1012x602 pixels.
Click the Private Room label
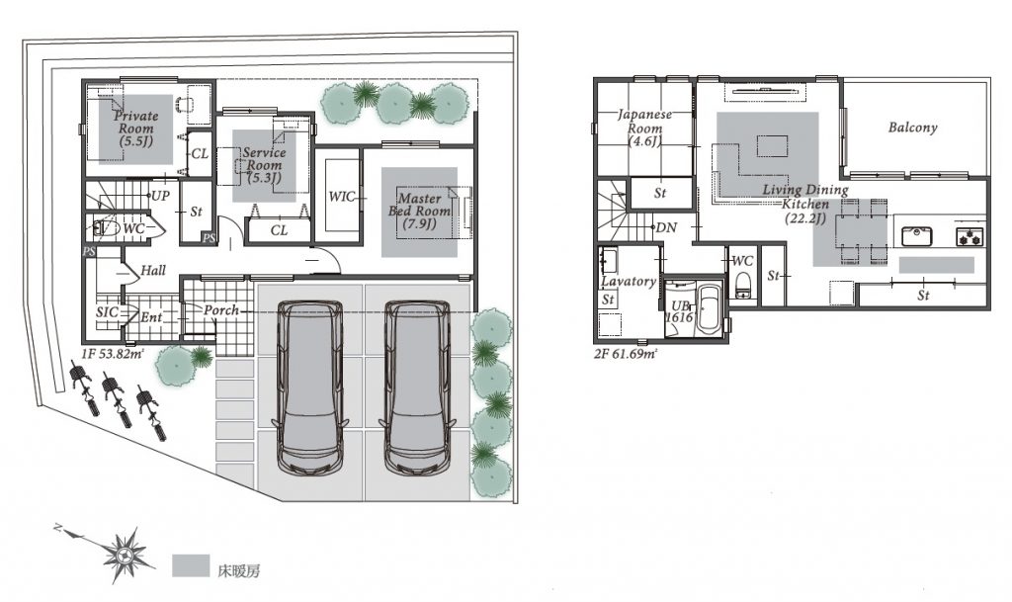[135, 129]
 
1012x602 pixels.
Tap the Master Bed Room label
[419, 211]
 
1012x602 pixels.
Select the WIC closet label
[341, 196]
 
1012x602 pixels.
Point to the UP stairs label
[160, 195]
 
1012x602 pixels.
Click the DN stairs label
[667, 227]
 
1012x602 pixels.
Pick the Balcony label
[912, 128]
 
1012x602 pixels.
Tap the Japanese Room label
[644, 128]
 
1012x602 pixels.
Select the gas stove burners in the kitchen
[970, 237]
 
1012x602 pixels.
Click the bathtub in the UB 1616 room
[711, 309]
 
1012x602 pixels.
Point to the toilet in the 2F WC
[744, 285]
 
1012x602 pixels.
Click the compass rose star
[127, 554]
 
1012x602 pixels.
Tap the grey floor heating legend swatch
[191, 565]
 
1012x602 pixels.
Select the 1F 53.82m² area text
[113, 353]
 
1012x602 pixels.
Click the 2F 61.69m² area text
[626, 353]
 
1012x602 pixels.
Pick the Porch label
[221, 310]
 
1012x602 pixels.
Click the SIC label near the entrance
[107, 312]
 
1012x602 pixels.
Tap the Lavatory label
[629, 282]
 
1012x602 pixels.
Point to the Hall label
[153, 270]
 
